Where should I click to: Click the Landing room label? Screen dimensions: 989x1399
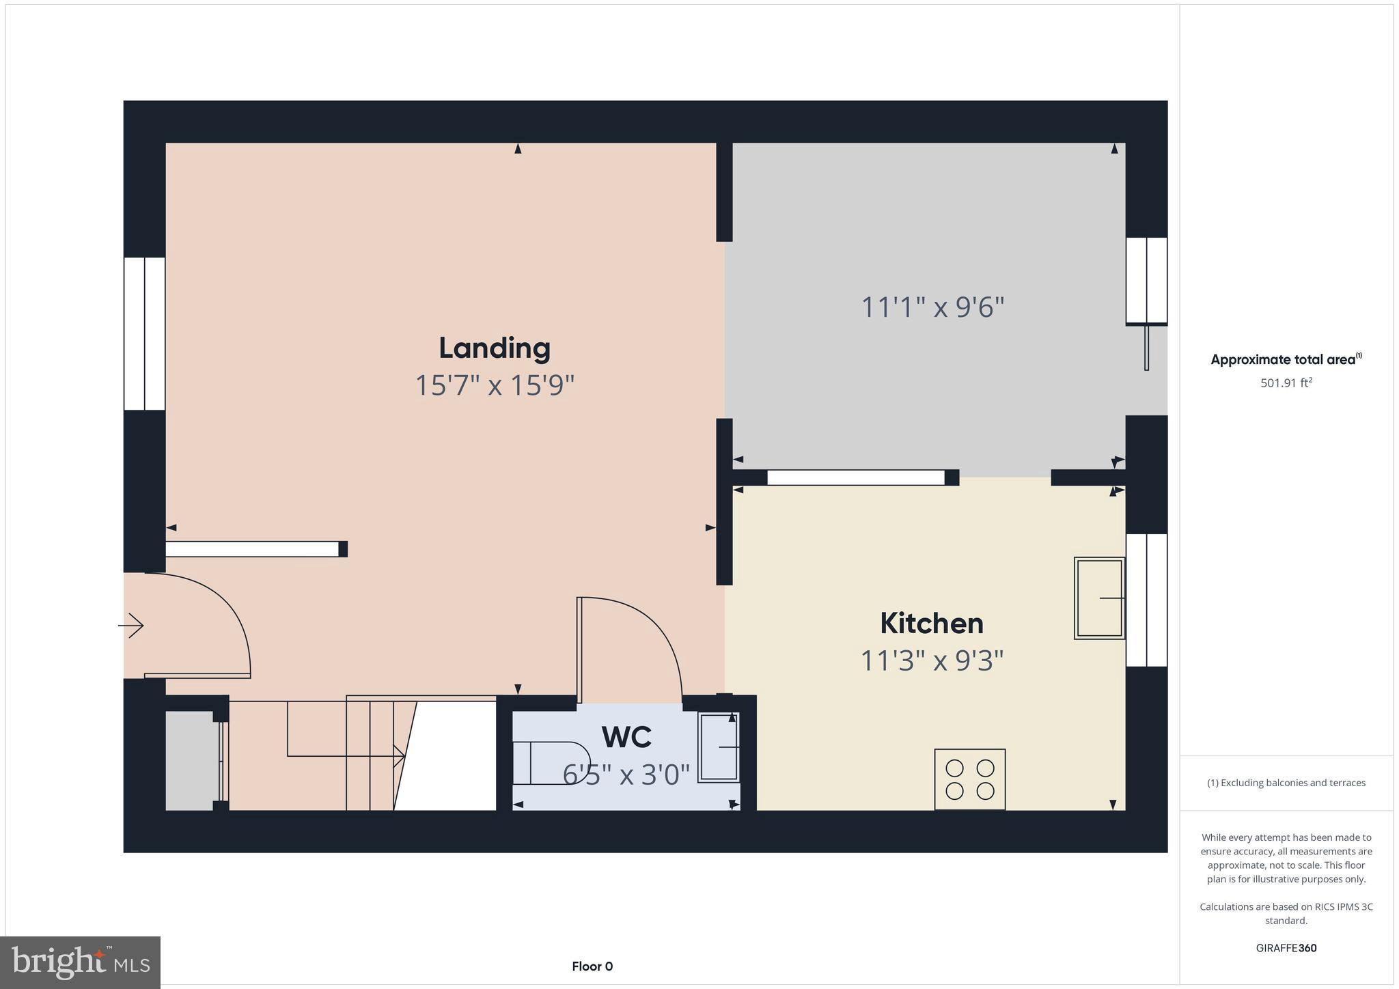pyautogui.click(x=494, y=348)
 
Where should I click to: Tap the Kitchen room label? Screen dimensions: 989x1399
pyautogui.click(x=931, y=624)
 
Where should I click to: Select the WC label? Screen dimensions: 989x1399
pyautogui.click(x=626, y=737)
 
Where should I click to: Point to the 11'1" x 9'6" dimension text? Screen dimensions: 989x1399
pyautogui.click(x=932, y=307)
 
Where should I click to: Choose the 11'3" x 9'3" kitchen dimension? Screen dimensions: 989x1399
pyautogui.click(x=931, y=661)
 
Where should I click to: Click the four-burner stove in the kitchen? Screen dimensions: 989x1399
pyautogui.click(x=969, y=779)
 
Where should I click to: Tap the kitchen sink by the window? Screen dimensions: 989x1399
pyautogui.click(x=1098, y=598)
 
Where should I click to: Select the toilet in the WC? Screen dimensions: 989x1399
pyautogui.click(x=550, y=762)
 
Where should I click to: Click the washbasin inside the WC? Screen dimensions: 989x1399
pyautogui.click(x=718, y=747)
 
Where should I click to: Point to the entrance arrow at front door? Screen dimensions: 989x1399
pyautogui.click(x=131, y=625)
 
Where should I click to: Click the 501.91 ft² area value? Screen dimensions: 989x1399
pyautogui.click(x=1286, y=383)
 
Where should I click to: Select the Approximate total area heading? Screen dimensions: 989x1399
pyautogui.click(x=1286, y=360)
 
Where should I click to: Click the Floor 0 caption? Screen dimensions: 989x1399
pyautogui.click(x=592, y=966)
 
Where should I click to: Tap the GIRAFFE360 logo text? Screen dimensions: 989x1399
pyautogui.click(x=1286, y=948)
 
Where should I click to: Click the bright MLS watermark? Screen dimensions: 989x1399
pyautogui.click(x=81, y=963)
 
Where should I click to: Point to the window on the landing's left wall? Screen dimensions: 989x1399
pyautogui.click(x=144, y=334)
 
